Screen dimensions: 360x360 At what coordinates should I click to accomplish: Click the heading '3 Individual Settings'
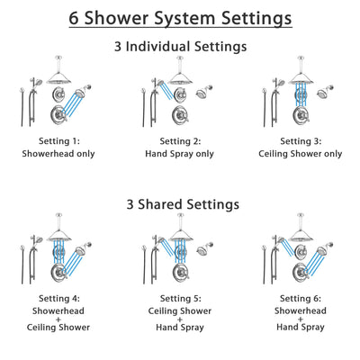tap(180, 46)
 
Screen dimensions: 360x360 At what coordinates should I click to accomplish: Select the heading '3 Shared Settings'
tap(180, 204)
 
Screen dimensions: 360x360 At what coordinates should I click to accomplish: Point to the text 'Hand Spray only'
tap(180, 153)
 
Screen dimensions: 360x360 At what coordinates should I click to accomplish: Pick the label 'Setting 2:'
tap(180, 141)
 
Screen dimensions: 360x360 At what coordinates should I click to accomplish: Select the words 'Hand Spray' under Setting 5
tap(180, 328)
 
